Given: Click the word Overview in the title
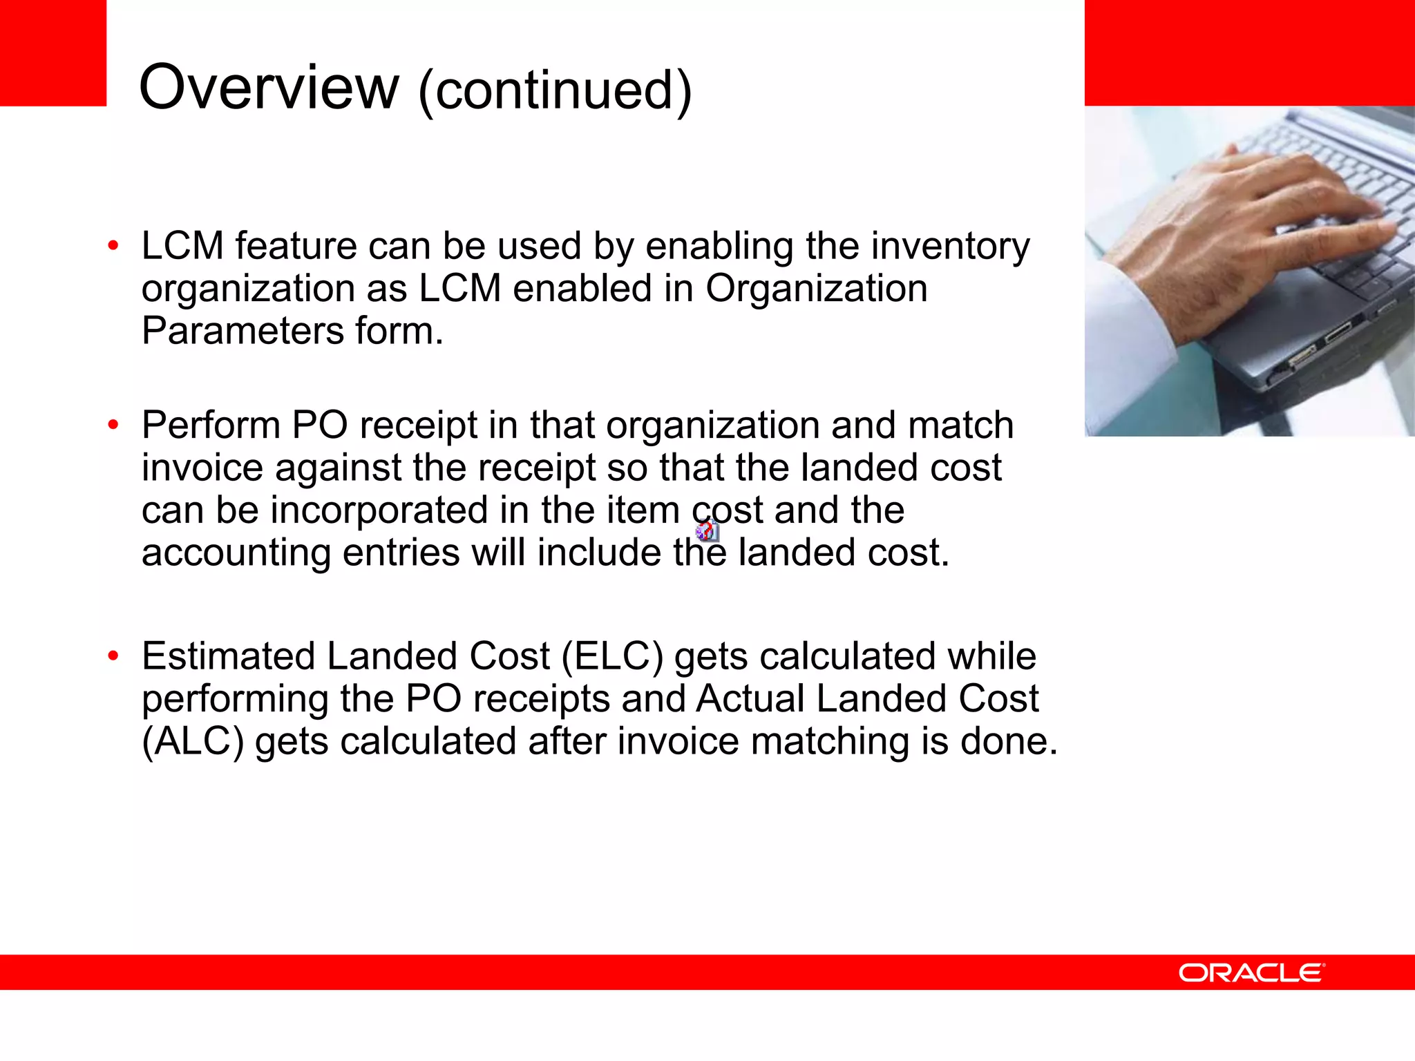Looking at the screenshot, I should point(269,88).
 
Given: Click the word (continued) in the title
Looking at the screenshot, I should point(554,90).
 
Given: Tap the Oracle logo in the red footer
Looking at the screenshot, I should point(1251,973).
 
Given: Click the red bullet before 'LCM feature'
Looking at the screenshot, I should point(113,246).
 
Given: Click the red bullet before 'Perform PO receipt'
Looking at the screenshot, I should point(113,425).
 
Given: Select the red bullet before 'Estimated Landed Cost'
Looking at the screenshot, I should point(113,656).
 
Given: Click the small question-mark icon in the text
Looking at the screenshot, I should point(707,530).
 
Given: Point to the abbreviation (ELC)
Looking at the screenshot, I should point(612,656).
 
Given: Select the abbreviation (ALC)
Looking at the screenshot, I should point(193,741).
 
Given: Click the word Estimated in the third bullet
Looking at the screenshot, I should point(228,656).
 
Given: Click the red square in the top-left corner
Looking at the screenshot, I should point(53,52).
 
